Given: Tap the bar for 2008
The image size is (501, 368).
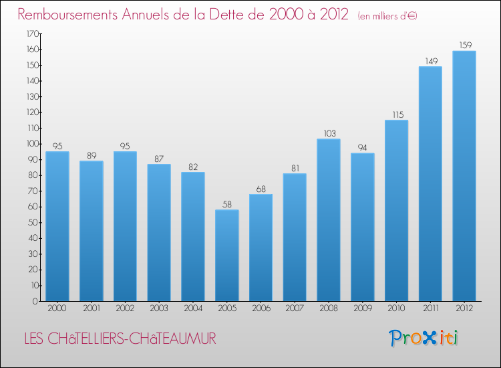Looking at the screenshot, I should coord(329,220).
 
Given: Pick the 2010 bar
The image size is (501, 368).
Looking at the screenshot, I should coord(396,211).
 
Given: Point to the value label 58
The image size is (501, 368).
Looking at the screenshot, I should coord(227,205).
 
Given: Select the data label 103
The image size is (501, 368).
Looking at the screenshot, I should coord(329,134).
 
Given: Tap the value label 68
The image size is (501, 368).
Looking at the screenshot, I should coord(261,189).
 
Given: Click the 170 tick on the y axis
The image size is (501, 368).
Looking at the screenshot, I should coord(32,33).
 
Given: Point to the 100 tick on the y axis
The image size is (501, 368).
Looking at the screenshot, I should coord(32,144).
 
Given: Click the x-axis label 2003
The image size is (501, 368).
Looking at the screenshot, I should coord(159,309).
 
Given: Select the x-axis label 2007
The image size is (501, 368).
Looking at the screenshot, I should coord(295,309).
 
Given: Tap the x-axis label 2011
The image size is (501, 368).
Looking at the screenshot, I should coord(430,309).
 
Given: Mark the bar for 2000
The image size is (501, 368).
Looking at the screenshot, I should coord(57,226).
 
